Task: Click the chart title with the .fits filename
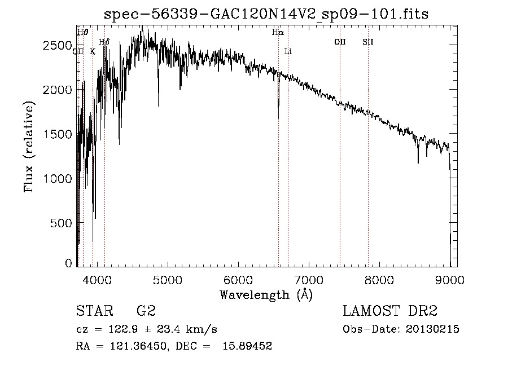click(266, 14)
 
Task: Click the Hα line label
click(278, 32)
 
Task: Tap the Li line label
click(288, 51)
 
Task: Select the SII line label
click(367, 42)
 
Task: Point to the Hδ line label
click(104, 42)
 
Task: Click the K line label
click(93, 51)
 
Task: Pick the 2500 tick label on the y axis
click(58, 45)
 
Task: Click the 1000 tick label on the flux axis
click(58, 178)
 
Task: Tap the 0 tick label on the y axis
click(68, 263)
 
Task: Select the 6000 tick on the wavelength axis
click(238, 280)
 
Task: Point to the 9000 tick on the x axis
click(450, 280)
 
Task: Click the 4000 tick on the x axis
click(97, 280)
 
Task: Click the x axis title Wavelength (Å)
click(266, 295)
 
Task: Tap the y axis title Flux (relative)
click(28, 147)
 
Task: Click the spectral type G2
click(146, 311)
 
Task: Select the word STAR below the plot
click(95, 311)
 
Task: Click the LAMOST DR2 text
click(390, 311)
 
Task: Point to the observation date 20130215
click(432, 329)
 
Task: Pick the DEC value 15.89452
click(247, 346)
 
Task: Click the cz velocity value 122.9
click(123, 329)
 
